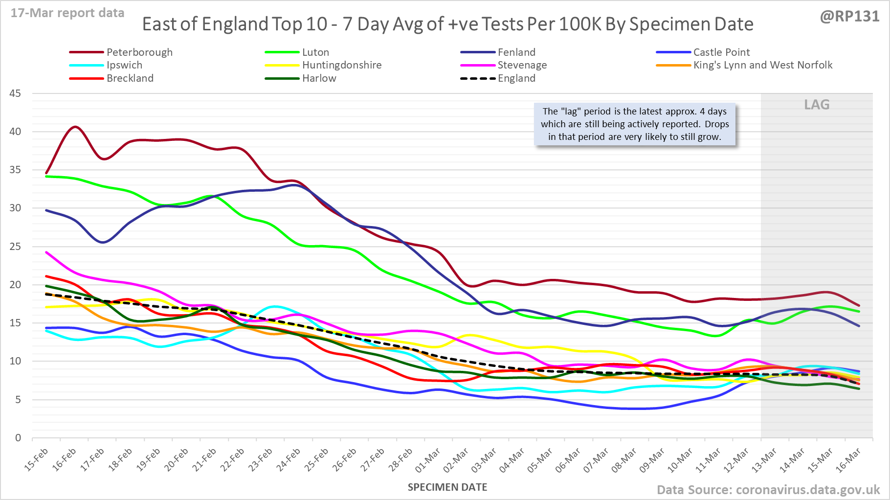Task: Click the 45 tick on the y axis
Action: pyautogui.click(x=15, y=93)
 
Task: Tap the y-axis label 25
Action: pyautogui.click(x=15, y=247)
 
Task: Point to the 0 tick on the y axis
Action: pyautogui.click(x=18, y=438)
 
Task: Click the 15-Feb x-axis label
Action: pyautogui.click(x=37, y=460)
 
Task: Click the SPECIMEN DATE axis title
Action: pyautogui.click(x=447, y=487)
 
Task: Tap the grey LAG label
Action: pyautogui.click(x=817, y=105)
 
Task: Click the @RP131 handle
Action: pyautogui.click(x=849, y=17)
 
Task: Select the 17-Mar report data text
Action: pyautogui.click(x=67, y=13)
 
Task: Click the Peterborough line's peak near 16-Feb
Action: pyautogui.click(x=75, y=127)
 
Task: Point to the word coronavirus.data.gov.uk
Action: pyautogui.click(x=807, y=490)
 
